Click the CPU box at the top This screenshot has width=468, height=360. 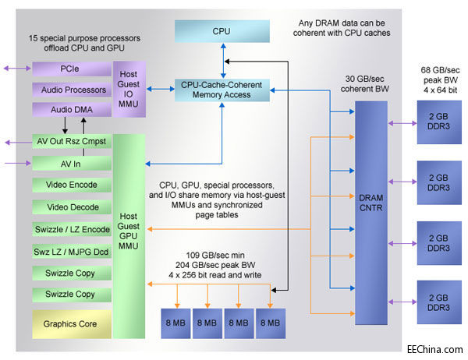pos(222,31)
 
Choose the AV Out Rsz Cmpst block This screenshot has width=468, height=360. pos(71,143)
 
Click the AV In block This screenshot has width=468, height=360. pos(71,164)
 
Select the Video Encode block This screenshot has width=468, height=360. pos(71,185)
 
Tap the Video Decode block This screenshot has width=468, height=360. pos(71,207)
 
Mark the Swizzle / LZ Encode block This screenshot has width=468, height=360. pos(71,229)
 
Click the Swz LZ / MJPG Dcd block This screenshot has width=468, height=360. pos(71,251)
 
